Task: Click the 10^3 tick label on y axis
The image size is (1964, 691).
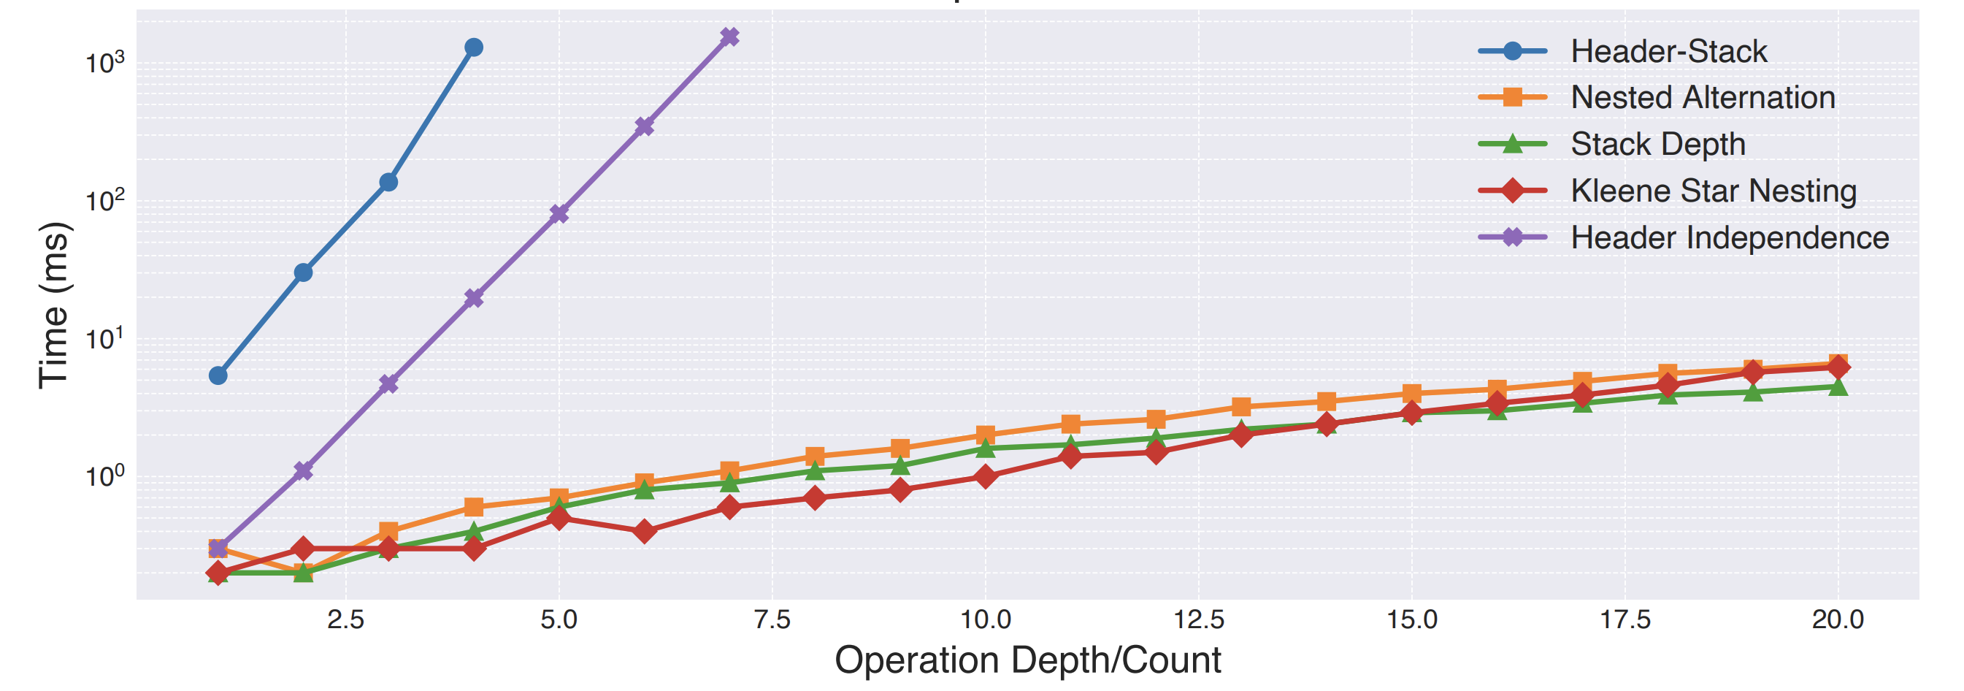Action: [x=105, y=62]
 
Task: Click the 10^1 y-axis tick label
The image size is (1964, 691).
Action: [x=105, y=338]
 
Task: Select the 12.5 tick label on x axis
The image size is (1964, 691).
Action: [x=1199, y=619]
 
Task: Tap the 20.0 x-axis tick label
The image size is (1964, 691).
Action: [x=1838, y=619]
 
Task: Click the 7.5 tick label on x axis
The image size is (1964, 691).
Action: [x=772, y=619]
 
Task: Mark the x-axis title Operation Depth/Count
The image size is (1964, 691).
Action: [x=1028, y=660]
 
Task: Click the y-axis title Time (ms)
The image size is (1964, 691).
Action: [x=54, y=305]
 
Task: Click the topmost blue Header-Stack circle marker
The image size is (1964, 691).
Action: [x=473, y=47]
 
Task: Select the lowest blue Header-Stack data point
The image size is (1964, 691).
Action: [x=218, y=375]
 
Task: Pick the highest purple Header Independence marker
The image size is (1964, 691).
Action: [x=729, y=37]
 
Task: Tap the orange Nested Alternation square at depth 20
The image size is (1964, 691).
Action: [x=1838, y=363]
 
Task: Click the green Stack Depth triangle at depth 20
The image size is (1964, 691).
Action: [x=1838, y=386]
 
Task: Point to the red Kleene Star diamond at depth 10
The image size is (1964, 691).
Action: [x=985, y=477]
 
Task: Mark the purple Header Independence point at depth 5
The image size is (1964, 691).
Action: [x=559, y=213]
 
